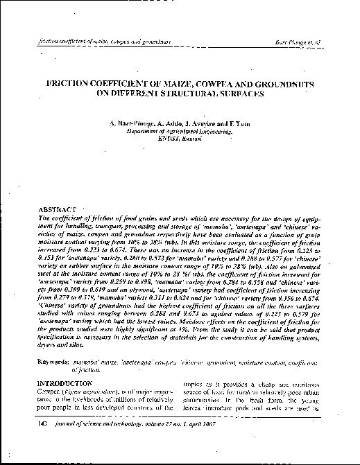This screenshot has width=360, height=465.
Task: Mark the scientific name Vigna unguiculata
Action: point(87,392)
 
